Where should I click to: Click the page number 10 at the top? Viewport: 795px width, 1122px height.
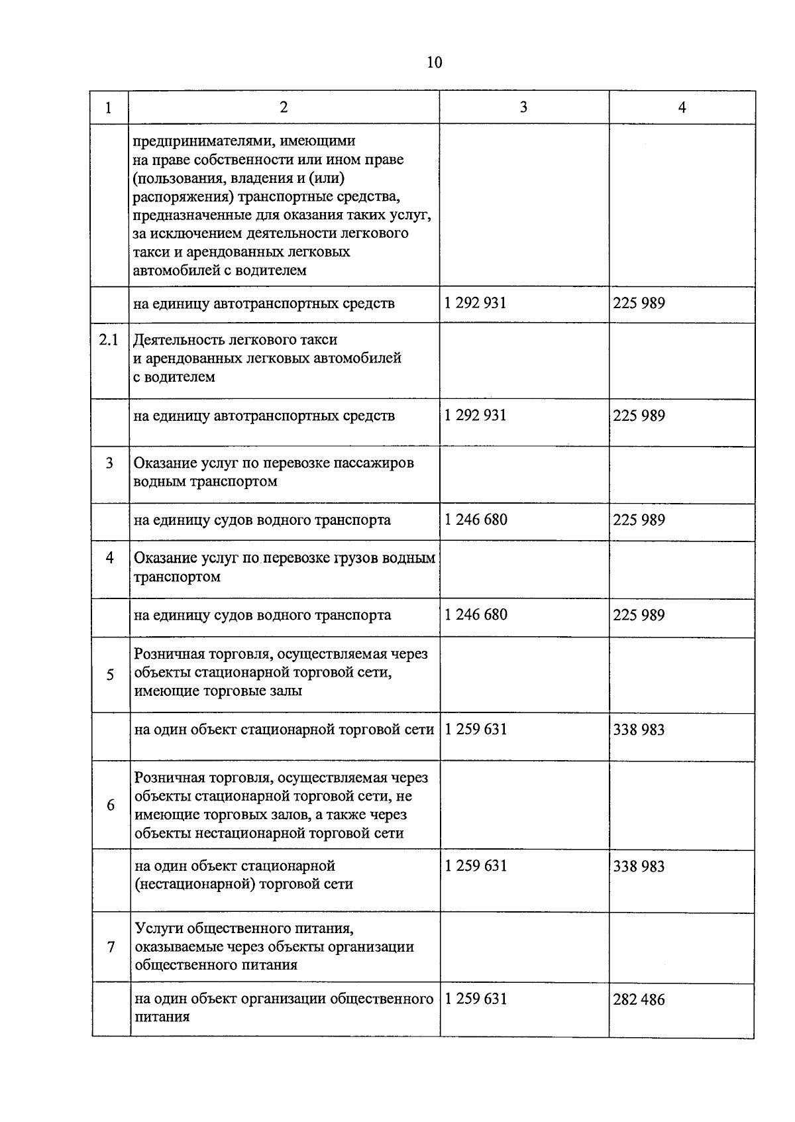tap(435, 63)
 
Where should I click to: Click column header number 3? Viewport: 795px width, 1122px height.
tap(523, 107)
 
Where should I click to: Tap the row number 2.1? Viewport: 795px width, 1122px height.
tap(109, 340)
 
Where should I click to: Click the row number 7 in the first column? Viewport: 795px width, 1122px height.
tap(111, 947)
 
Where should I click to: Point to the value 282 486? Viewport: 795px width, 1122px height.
tap(639, 999)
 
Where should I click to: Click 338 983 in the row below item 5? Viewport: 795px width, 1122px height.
tap(639, 730)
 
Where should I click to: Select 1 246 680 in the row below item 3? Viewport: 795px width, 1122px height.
tap(476, 520)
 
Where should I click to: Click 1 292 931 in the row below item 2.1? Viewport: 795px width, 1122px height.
tap(476, 416)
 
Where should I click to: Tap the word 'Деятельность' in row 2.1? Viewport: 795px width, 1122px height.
tap(179, 340)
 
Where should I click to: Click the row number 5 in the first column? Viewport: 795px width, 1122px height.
tap(110, 674)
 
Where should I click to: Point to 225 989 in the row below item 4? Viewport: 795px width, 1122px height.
tap(639, 615)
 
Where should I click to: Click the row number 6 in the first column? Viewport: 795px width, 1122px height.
tap(111, 805)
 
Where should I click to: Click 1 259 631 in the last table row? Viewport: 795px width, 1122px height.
tap(476, 999)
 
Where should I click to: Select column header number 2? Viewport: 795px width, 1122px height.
tap(284, 107)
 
